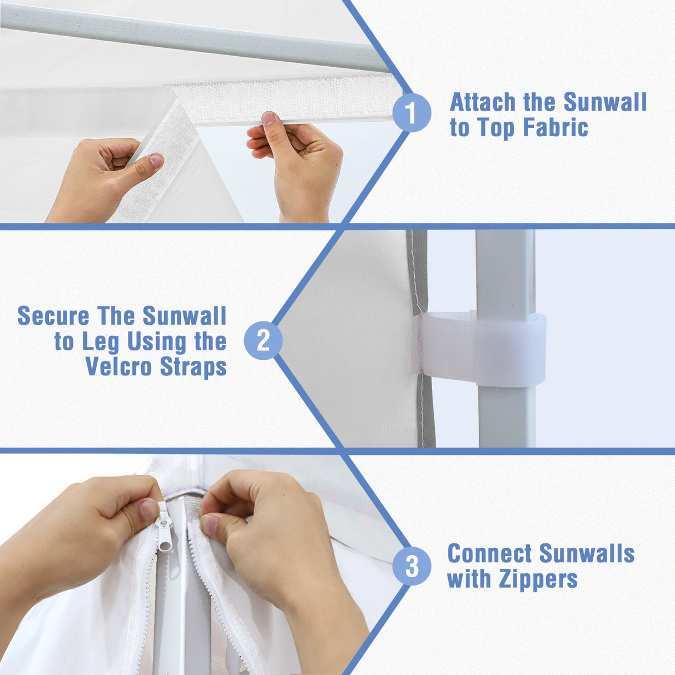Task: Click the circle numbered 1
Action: [411, 113]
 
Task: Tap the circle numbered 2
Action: [263, 340]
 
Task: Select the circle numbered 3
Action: [411, 566]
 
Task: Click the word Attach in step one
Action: [483, 102]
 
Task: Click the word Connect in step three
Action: [490, 554]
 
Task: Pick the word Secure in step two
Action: [53, 316]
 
